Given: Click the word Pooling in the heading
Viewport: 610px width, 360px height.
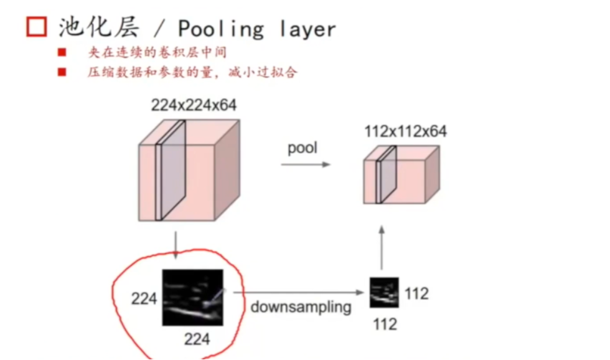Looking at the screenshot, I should pyautogui.click(x=221, y=29).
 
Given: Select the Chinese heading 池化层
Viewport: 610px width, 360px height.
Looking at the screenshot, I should pyautogui.click(x=100, y=27).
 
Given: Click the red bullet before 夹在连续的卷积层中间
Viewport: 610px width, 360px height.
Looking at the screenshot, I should pyautogui.click(x=62, y=53).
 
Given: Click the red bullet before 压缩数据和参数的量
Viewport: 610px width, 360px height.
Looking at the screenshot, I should pyautogui.click(x=62, y=72).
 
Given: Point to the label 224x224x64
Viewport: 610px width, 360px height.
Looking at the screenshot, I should pyautogui.click(x=194, y=105).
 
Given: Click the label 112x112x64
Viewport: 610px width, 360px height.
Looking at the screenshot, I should pyautogui.click(x=405, y=131).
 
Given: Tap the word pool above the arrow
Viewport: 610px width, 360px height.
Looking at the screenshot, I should pyautogui.click(x=302, y=148).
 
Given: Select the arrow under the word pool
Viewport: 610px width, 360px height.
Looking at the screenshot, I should pyautogui.click(x=304, y=164).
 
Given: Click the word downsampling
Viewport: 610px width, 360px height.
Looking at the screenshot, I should pyautogui.click(x=301, y=307).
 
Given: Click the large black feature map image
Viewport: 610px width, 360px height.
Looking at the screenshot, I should pyautogui.click(x=192, y=297).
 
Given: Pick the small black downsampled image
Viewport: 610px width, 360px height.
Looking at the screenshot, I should pyautogui.click(x=383, y=293).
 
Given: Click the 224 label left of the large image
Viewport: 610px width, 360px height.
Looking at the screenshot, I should pyautogui.click(x=144, y=298).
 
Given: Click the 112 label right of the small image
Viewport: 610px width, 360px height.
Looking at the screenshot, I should pyautogui.click(x=416, y=293).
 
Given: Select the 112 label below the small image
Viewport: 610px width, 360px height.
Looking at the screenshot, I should pyautogui.click(x=385, y=323).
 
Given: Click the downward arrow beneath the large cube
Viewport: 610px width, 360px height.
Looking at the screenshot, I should pyautogui.click(x=176, y=245).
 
